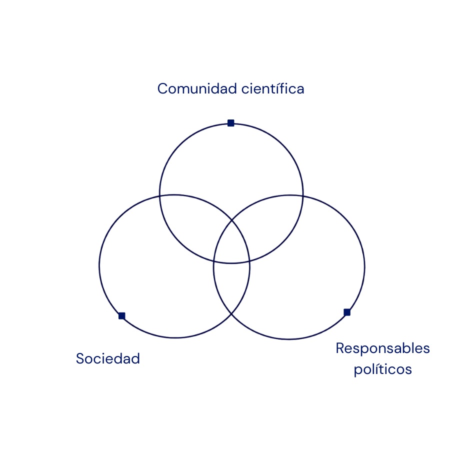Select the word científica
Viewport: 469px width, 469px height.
coord(272,89)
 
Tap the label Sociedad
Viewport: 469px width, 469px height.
coord(108,358)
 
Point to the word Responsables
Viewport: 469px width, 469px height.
coord(382,348)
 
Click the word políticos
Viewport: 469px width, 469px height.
coord(382,370)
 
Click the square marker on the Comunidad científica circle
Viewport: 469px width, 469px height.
coord(230,123)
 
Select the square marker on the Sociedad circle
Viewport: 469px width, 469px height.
coord(121,315)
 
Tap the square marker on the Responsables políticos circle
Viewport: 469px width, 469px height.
coord(347,312)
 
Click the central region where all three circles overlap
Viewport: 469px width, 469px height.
coord(231,245)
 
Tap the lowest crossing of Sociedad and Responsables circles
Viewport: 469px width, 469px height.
coord(231,314)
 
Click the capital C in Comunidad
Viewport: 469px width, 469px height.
coord(162,89)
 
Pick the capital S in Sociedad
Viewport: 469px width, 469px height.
coord(80,358)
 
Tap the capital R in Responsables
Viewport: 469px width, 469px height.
coord(340,348)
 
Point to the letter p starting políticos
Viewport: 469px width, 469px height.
coord(358,371)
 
